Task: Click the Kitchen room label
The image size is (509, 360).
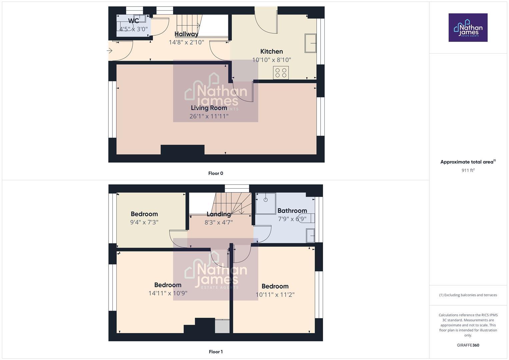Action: click(271, 51)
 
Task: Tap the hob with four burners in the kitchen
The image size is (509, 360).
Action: click(281, 73)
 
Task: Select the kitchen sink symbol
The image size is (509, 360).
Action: click(310, 43)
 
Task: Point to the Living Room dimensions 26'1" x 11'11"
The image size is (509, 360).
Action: click(209, 116)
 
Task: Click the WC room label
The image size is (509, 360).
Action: click(133, 21)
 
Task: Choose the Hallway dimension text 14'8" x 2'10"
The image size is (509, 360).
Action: click(186, 42)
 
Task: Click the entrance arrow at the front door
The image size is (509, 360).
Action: click(109, 51)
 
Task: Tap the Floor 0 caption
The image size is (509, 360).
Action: click(216, 173)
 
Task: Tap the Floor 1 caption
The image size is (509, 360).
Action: click(216, 352)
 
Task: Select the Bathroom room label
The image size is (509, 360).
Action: click(292, 211)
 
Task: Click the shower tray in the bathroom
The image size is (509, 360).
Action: click(266, 203)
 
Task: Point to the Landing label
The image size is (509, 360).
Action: click(219, 214)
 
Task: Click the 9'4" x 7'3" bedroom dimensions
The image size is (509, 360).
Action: click(144, 222)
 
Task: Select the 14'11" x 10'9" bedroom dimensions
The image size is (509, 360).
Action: click(168, 293)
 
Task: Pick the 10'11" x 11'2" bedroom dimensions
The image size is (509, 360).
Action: click(275, 295)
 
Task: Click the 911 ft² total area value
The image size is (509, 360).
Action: click(468, 170)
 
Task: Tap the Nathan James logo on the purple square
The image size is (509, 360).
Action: click(468, 28)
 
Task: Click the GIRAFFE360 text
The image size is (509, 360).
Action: click(468, 345)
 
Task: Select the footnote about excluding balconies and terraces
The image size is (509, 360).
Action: click(468, 295)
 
